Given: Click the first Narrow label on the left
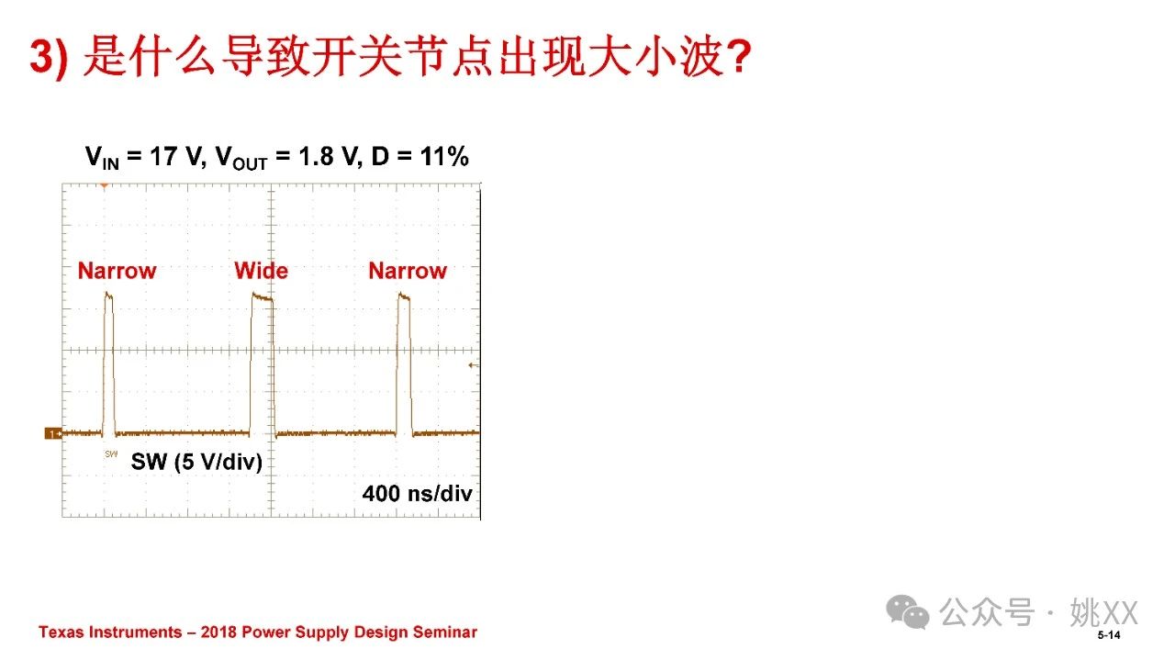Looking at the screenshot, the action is click(x=117, y=271).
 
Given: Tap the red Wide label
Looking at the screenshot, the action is click(x=262, y=271).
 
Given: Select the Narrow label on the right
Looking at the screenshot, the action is click(x=408, y=271).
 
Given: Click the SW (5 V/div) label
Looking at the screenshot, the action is click(x=196, y=462).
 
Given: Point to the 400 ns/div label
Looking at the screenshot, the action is click(x=417, y=493).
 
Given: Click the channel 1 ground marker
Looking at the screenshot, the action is click(x=53, y=433).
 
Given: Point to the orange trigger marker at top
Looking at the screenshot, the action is click(x=105, y=185).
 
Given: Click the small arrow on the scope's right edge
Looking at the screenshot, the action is click(x=473, y=365).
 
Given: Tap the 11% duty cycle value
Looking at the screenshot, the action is click(x=444, y=156).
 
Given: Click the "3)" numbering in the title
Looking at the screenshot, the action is click(x=49, y=58).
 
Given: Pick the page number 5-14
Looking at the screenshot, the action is click(x=1109, y=635).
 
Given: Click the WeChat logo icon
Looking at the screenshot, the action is click(x=908, y=611).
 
